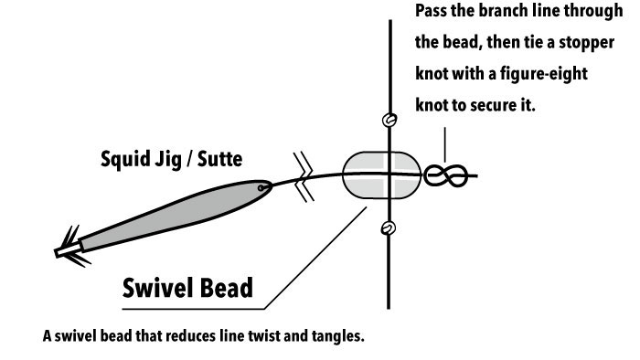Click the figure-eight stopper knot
(x=446, y=175)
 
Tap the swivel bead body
(x=381, y=175)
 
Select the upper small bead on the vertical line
(x=389, y=120)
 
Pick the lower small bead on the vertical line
(x=388, y=228)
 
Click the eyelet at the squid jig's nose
(x=261, y=188)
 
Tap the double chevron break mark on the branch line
(x=304, y=177)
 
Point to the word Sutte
(x=219, y=159)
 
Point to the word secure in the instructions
(x=494, y=106)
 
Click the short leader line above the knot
(x=445, y=145)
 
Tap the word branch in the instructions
(x=505, y=11)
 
